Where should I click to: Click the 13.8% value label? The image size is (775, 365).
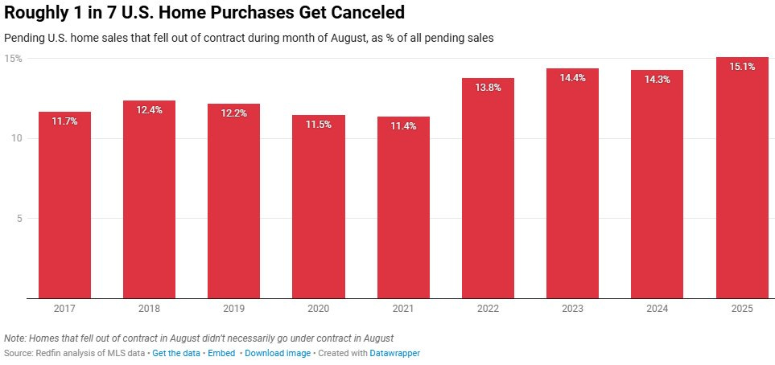coord(488,88)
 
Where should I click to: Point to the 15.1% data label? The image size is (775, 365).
coord(742,67)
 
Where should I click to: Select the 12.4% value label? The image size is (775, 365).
coord(149,110)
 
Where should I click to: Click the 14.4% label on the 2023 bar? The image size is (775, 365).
coord(572,78)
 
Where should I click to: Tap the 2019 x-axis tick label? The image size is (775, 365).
coord(233,309)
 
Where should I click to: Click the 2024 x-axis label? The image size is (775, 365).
coord(658,309)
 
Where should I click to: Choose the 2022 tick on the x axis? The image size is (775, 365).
coord(488,309)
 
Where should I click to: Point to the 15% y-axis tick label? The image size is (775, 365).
coord(13,59)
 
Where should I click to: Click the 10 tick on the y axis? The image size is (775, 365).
coord(16,138)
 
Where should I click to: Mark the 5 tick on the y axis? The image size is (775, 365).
coord(19,219)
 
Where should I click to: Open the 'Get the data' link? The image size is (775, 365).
coord(176,353)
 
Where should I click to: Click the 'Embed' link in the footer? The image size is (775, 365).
coord(221,353)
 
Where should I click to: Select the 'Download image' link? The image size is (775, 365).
coord(277,353)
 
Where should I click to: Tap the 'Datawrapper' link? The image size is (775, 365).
coord(394,353)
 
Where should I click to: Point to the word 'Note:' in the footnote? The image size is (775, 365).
coord(14,338)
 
